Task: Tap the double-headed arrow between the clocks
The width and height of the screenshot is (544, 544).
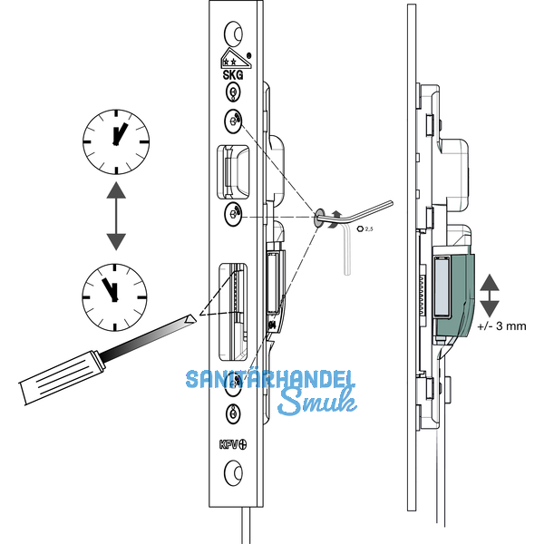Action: (x=115, y=215)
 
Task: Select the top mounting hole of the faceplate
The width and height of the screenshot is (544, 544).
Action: (x=234, y=34)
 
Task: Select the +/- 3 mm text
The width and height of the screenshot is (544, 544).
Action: (x=502, y=324)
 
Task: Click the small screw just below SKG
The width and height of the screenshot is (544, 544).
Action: (x=234, y=93)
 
